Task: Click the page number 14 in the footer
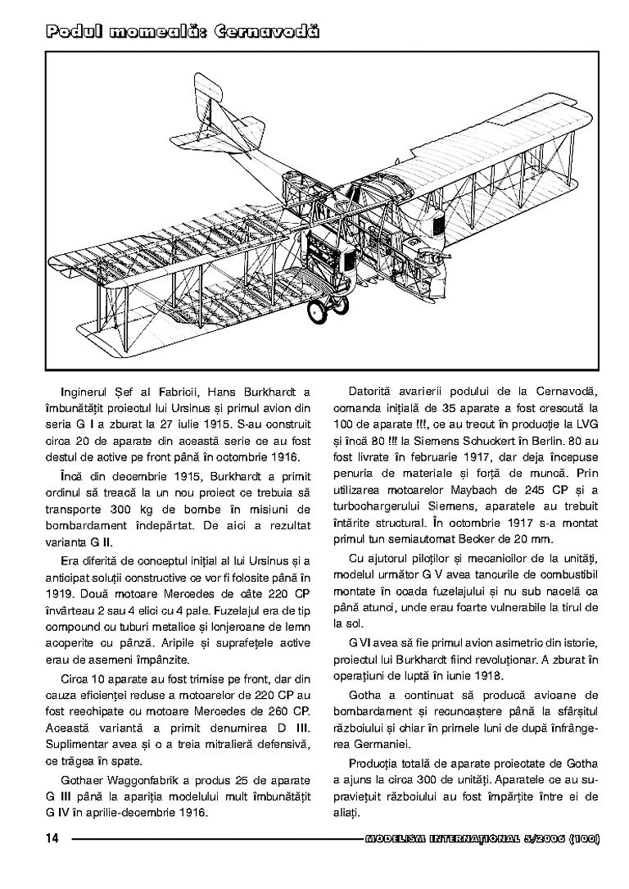pos(52,838)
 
